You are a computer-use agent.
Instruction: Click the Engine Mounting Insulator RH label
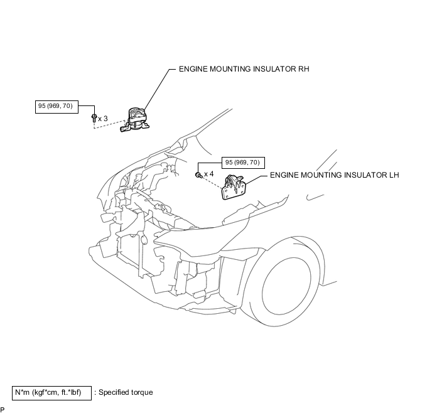(x=244, y=69)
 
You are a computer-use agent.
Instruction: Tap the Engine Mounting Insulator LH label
(x=335, y=175)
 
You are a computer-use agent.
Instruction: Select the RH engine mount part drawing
(x=135, y=120)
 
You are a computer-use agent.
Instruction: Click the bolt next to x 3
(x=94, y=119)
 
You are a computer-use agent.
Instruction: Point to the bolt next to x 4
(x=198, y=175)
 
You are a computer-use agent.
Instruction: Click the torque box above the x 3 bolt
(x=57, y=107)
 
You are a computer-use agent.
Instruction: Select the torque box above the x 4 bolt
(x=243, y=163)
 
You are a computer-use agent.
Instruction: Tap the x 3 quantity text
(x=103, y=119)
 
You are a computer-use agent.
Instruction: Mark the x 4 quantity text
(x=209, y=174)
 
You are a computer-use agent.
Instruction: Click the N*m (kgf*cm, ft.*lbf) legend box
(x=51, y=393)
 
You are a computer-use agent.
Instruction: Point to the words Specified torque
(x=126, y=392)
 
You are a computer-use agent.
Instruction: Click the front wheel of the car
(x=286, y=286)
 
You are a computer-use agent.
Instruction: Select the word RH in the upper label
(x=304, y=69)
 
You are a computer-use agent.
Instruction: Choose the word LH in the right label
(x=393, y=175)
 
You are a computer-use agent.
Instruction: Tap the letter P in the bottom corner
(x=3, y=410)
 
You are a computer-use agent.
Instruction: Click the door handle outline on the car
(x=315, y=197)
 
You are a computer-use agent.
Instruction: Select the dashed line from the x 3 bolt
(x=109, y=124)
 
